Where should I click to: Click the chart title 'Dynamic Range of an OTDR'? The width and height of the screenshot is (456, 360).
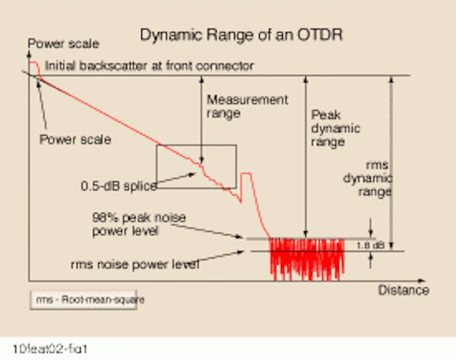click(241, 35)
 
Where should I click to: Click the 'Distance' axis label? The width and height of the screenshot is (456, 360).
click(404, 290)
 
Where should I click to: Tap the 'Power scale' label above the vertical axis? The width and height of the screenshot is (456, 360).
click(63, 44)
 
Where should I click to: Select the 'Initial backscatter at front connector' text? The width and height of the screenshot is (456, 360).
click(149, 65)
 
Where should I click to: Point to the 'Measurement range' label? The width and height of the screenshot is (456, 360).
click(247, 106)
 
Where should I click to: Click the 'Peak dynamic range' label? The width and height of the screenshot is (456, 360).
click(335, 128)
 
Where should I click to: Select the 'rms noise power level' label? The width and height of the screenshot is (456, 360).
click(135, 264)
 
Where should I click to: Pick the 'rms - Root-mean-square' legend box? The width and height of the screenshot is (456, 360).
click(84, 300)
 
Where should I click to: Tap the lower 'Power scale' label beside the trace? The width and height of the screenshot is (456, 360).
click(75, 140)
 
